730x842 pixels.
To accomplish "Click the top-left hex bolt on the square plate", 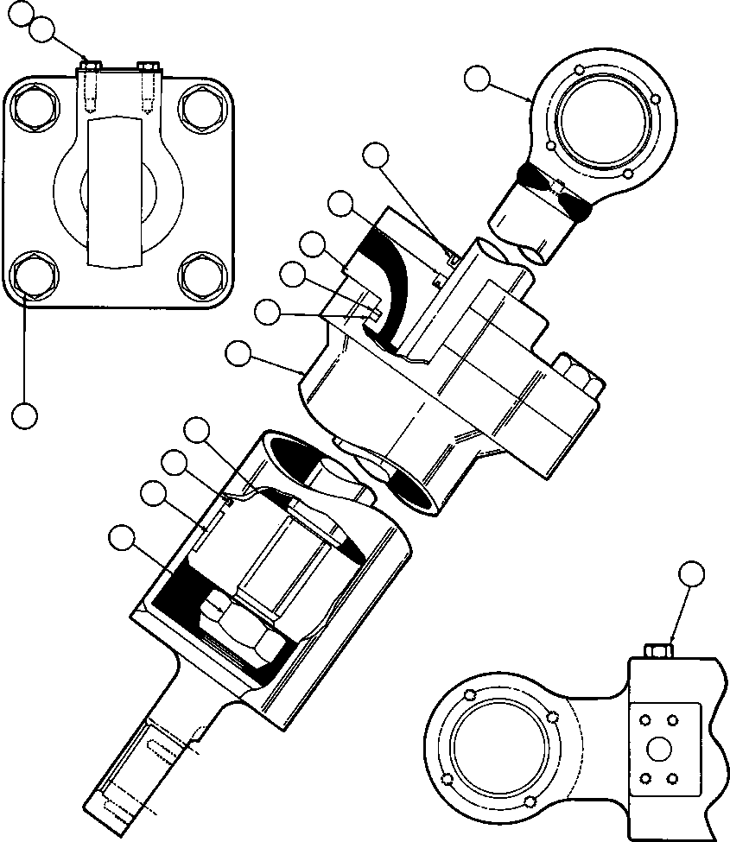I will pos(33,105).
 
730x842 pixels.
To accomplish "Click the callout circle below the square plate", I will pos(25,415).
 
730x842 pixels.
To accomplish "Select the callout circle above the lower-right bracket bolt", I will pos(691,573).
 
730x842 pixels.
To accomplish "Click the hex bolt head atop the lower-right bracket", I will pos(658,649).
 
